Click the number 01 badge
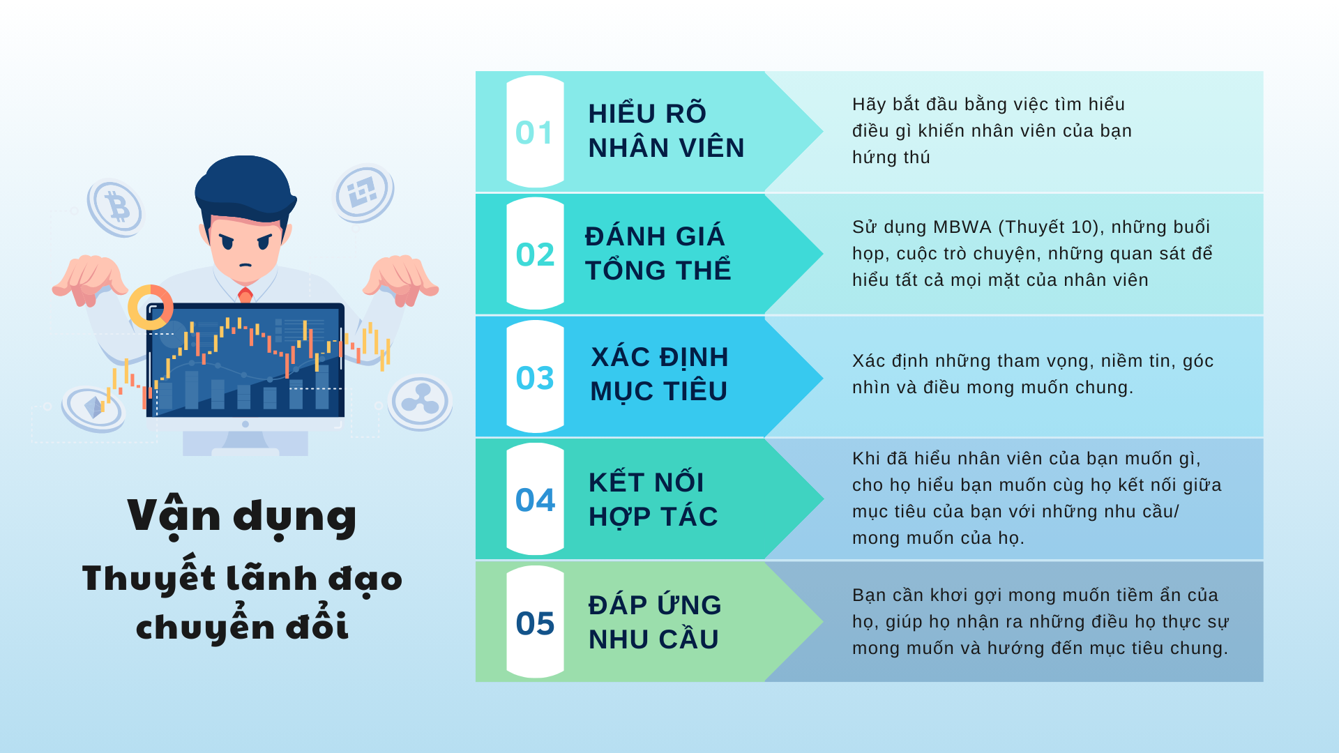tap(535, 132)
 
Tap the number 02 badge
tap(535, 254)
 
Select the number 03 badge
tap(535, 377)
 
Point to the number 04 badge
tap(535, 499)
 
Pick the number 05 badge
tap(535, 623)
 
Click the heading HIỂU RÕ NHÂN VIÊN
tap(666, 130)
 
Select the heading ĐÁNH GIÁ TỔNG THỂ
tap(658, 253)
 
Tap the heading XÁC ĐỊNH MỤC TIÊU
tap(659, 374)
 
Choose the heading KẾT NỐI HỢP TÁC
tap(653, 499)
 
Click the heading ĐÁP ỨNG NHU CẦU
tap(654, 622)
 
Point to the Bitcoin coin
tap(115, 208)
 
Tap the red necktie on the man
tap(245, 295)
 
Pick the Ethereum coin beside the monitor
tap(93, 409)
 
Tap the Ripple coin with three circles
tap(420, 402)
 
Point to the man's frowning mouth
tap(245, 265)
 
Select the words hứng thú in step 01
tap(891, 158)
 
